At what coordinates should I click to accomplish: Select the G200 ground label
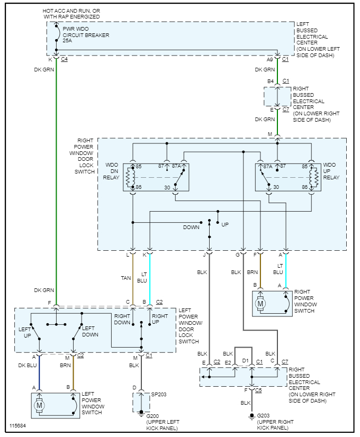152,415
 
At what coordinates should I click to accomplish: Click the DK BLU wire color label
28,365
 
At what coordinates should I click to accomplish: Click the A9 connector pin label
270,59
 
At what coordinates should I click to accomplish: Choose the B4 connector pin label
270,81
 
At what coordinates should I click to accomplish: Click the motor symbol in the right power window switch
260,304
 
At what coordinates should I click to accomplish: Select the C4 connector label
64,59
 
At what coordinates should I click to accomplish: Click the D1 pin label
245,362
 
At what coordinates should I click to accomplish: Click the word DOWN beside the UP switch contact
191,227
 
